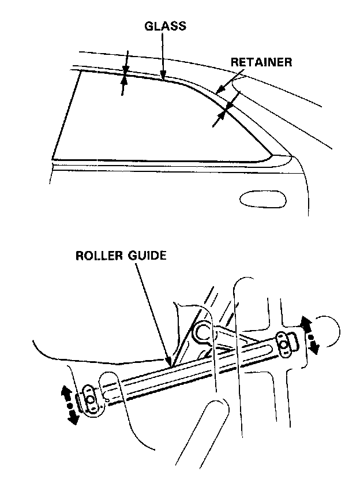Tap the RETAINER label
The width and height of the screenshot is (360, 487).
pos(261,62)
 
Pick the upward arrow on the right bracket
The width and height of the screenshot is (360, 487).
pos(305,324)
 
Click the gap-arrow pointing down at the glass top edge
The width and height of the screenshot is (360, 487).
pos(125,65)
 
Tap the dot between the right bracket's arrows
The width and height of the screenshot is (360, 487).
pos(310,335)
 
